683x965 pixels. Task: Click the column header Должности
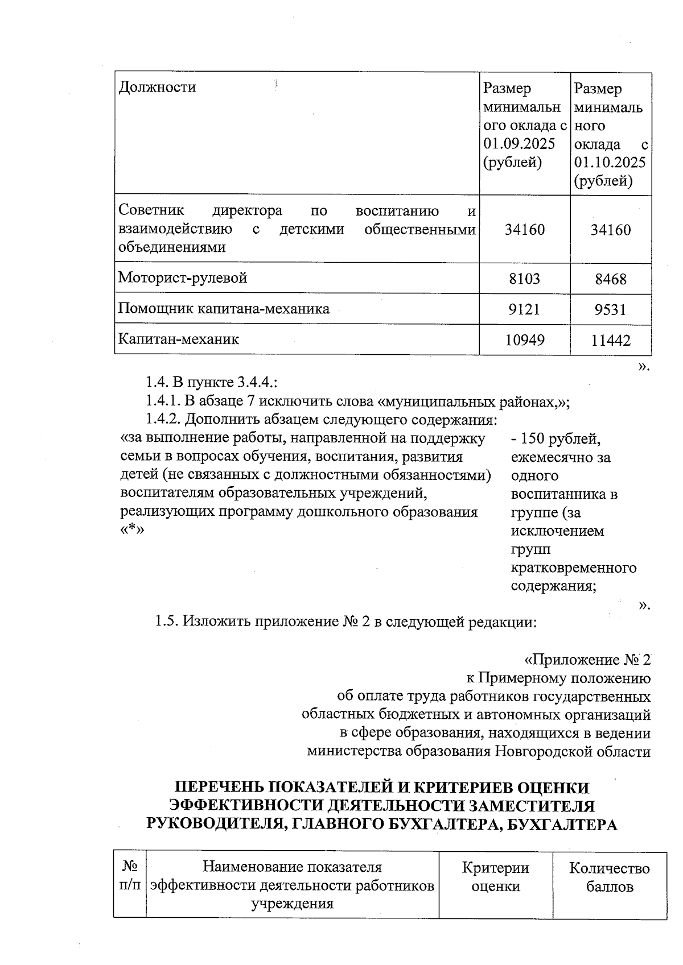(x=157, y=88)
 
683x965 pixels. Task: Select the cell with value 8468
(x=610, y=279)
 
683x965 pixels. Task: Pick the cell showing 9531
(x=610, y=310)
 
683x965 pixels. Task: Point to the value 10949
(x=524, y=340)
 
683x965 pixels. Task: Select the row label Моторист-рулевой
(x=183, y=278)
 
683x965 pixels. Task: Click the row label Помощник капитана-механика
(x=224, y=309)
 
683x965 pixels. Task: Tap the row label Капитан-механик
(x=179, y=339)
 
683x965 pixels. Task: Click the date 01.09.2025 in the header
(x=519, y=144)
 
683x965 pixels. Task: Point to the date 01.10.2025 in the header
(x=610, y=163)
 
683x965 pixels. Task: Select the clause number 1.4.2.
(x=162, y=420)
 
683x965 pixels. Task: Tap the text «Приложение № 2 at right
(x=587, y=660)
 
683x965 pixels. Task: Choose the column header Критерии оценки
(x=495, y=877)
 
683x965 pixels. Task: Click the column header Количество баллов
(x=609, y=877)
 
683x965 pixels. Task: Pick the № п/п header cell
(x=130, y=876)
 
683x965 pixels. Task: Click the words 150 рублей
(x=560, y=439)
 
